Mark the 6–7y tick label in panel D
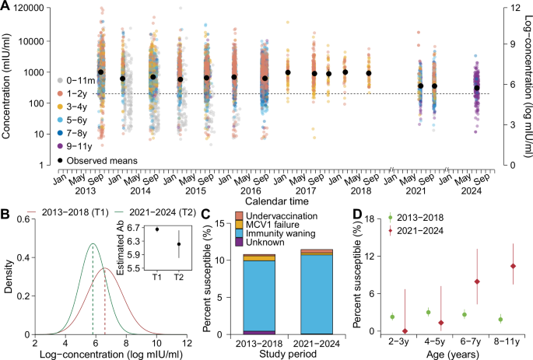(x=476, y=344)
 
